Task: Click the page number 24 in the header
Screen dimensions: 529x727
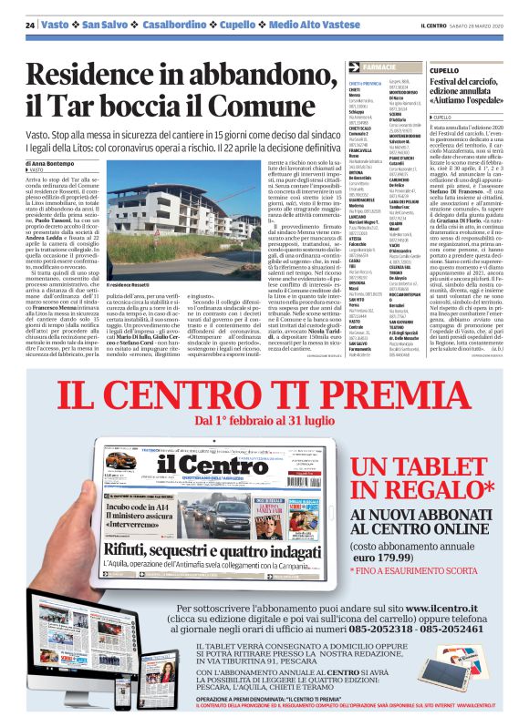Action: point(30,24)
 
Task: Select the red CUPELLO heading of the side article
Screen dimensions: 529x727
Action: point(444,70)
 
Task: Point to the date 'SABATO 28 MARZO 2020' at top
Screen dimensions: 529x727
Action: point(484,25)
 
